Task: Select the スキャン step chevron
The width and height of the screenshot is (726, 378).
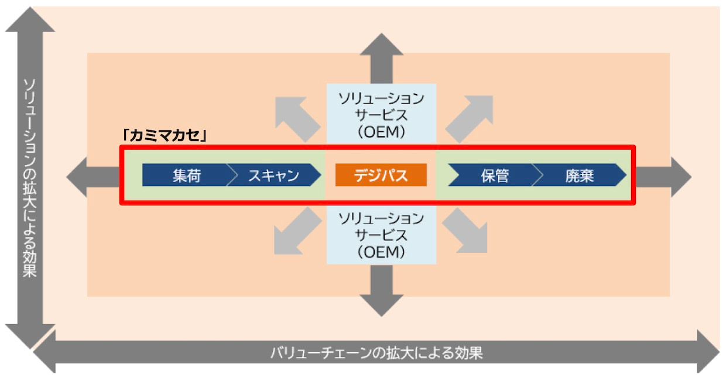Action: [x=274, y=175]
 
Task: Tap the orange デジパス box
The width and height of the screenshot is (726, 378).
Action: [x=381, y=175]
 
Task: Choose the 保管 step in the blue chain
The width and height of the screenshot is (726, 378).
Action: [x=495, y=175]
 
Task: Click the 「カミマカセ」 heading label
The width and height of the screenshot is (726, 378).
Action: [x=164, y=135]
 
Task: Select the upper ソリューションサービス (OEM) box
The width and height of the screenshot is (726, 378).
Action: [x=381, y=114]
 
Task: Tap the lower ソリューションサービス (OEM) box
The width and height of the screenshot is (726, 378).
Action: [x=381, y=235]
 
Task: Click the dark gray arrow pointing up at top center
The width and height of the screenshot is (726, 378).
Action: [x=382, y=59]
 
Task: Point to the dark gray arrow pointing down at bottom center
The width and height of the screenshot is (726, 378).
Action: [x=382, y=290]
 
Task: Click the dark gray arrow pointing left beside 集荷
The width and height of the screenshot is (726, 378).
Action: [x=93, y=177]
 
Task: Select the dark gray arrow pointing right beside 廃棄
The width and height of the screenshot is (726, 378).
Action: [x=663, y=177]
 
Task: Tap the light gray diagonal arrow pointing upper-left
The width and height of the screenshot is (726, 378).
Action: [x=297, y=119]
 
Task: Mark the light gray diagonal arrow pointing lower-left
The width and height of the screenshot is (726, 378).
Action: [x=297, y=231]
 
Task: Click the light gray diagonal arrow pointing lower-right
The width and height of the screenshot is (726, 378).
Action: [x=465, y=231]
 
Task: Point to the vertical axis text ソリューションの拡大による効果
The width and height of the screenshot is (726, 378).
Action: [x=29, y=178]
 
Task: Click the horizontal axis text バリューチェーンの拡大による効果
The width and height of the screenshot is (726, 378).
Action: [x=376, y=353]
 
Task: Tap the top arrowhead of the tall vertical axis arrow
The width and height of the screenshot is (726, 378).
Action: [x=30, y=20]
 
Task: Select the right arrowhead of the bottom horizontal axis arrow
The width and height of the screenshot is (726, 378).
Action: [x=708, y=352]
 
